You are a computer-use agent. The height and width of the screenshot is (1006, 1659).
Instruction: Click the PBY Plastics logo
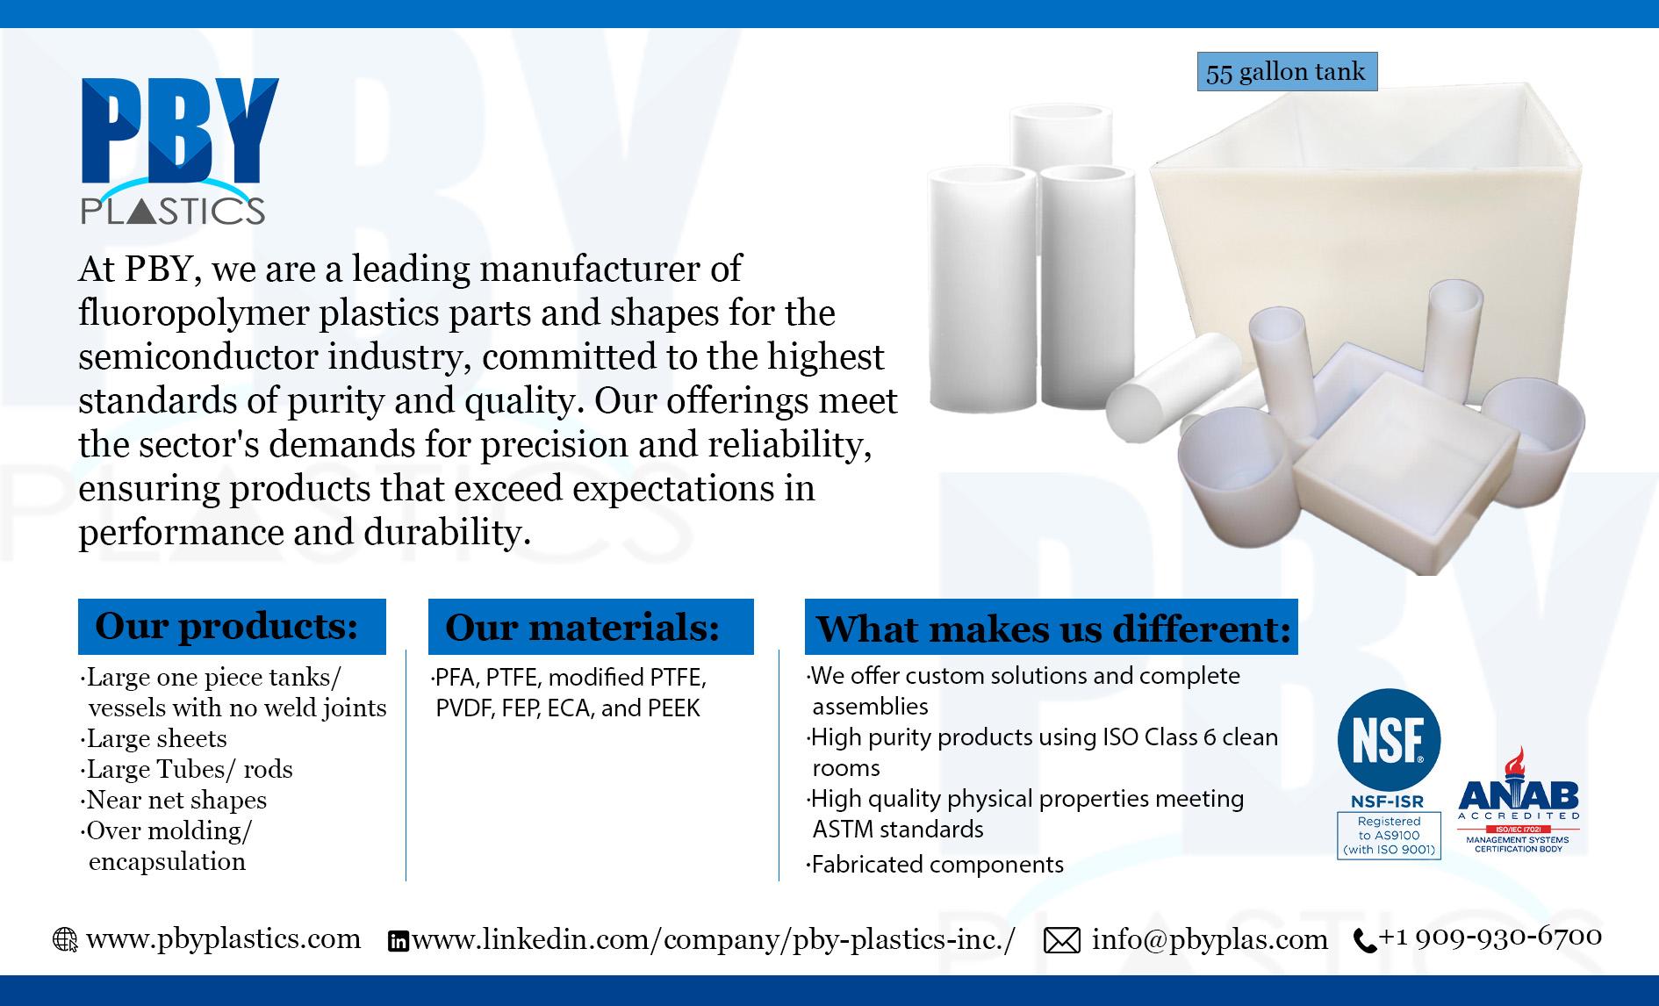[x=179, y=151]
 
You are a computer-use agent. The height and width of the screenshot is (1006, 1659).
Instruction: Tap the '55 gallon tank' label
[x=1287, y=72]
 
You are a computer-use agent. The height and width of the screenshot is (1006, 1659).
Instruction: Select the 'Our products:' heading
[x=232, y=627]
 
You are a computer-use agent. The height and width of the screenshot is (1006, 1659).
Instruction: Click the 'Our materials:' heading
[x=591, y=627]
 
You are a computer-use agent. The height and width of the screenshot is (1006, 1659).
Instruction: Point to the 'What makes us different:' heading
[x=1051, y=627]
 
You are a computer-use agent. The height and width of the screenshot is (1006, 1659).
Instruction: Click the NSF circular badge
[x=1389, y=739]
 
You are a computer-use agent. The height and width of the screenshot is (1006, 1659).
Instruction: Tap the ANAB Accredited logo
[x=1519, y=801]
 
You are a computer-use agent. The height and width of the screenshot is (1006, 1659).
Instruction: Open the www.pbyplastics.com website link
[x=224, y=938]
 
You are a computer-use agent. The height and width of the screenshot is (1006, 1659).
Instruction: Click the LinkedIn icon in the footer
[x=398, y=942]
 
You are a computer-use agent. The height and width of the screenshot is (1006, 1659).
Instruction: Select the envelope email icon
[x=1062, y=941]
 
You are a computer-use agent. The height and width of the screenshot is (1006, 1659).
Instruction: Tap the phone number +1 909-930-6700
[x=1490, y=937]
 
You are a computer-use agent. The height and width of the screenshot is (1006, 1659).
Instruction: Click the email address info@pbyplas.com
[x=1210, y=940]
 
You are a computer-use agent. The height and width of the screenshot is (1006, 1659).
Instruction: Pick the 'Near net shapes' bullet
[x=174, y=800]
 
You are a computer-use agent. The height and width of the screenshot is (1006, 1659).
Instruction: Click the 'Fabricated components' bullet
[x=935, y=865]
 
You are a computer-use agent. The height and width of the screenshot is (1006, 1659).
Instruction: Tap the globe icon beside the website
[x=65, y=940]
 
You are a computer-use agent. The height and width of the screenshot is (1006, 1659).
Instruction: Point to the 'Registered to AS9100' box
[x=1389, y=835]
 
